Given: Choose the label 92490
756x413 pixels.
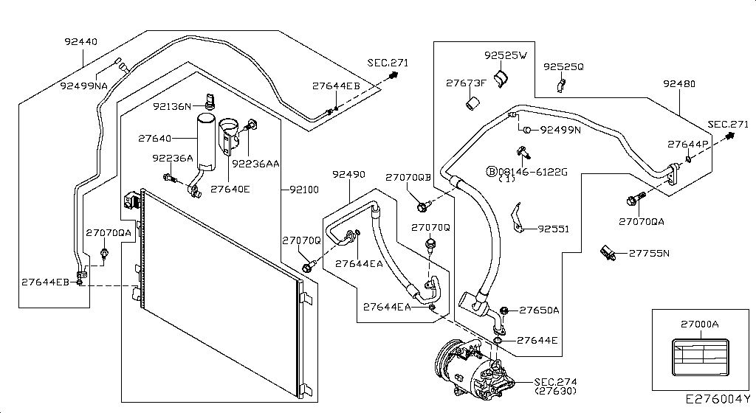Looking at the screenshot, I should pos(348,175).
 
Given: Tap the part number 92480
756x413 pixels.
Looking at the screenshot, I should pos(678,84).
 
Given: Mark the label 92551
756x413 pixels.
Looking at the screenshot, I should pos(553,229).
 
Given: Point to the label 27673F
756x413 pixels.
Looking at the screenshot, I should pos(465,83).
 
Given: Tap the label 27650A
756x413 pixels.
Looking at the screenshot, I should pos(539,310).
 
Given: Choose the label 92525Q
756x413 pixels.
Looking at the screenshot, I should pos(563,66).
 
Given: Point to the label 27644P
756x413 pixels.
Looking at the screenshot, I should pos(687,144).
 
